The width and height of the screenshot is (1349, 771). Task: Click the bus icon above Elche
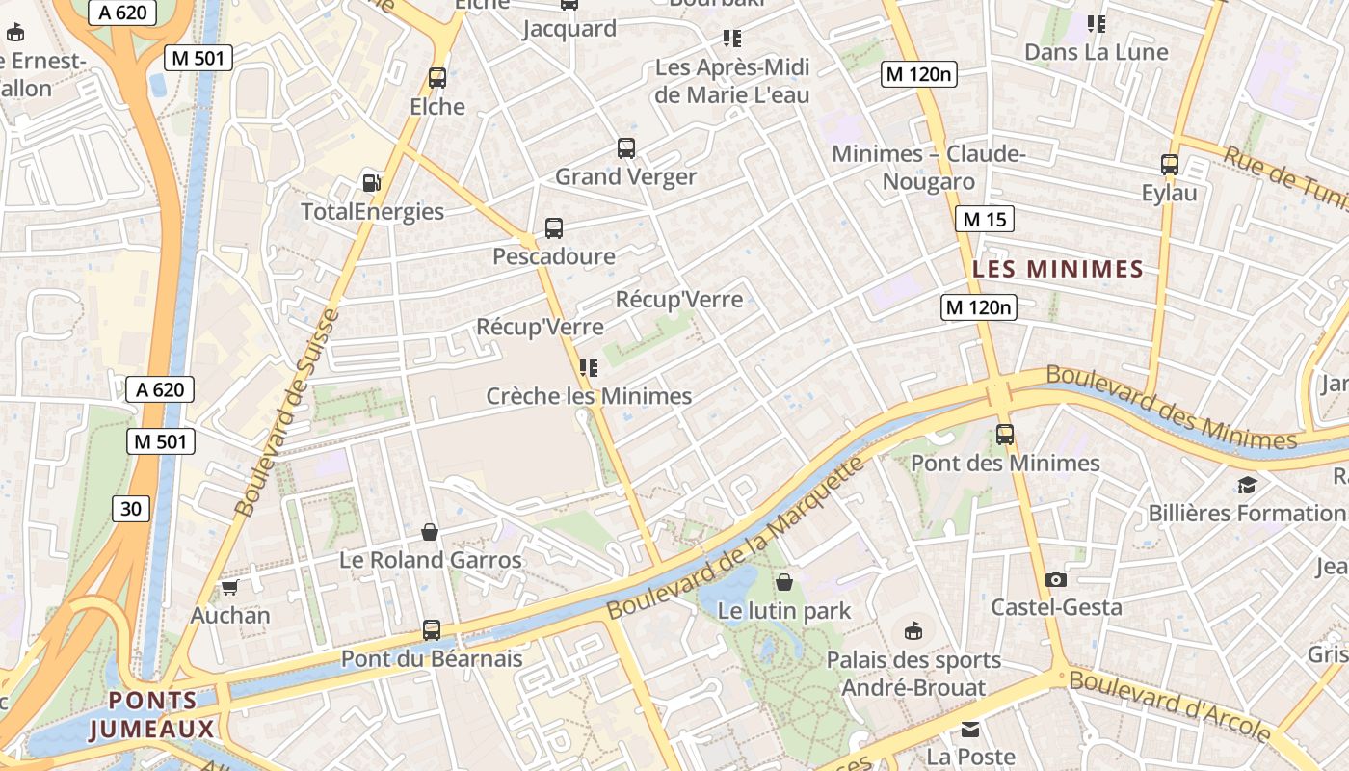pos(437,78)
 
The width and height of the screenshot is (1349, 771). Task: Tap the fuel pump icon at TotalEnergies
pos(371,182)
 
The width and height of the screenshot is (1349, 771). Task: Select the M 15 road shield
pos(985,219)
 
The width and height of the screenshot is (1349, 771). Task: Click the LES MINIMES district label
pos(1057,269)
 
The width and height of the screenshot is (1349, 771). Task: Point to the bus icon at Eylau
pos(1170,165)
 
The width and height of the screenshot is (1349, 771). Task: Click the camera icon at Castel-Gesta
pos(1056,579)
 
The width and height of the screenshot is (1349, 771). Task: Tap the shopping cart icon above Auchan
pos(229,586)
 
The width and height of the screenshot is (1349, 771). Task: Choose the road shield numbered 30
pos(131,508)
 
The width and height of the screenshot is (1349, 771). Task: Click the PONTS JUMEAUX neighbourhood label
pos(152,715)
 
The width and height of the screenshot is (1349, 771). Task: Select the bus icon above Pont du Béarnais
pos(432,630)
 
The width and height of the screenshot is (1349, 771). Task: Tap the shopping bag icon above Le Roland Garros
pos(430,532)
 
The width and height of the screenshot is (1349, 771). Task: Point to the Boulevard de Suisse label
pos(288,412)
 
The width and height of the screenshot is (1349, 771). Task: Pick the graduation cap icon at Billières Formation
pos(1248,485)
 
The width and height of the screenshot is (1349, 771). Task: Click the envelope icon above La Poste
pos(970,730)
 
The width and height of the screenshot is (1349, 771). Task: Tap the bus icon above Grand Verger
pos(626,148)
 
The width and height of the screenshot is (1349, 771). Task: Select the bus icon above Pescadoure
pos(554,228)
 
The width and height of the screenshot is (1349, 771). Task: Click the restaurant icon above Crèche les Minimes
pos(589,367)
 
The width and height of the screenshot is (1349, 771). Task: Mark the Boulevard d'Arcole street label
pos(1170,705)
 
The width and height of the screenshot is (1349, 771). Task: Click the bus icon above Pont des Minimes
pos(1005,435)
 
